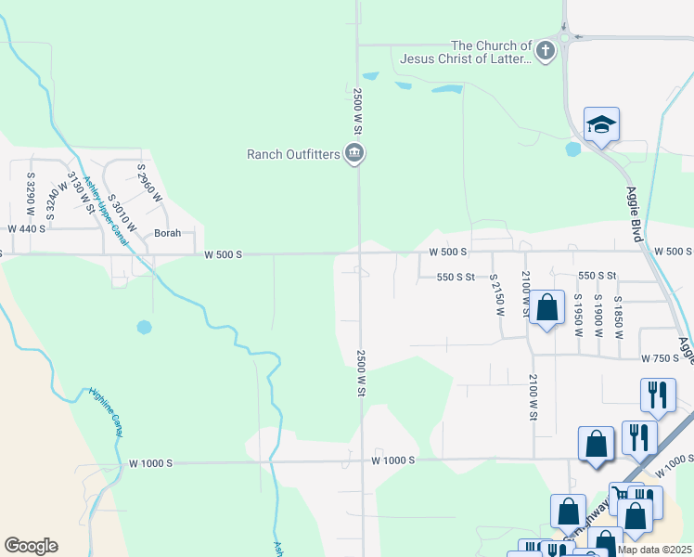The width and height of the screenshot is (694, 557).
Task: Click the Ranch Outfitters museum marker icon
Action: [x=353, y=153]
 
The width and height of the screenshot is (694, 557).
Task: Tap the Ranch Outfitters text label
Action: [x=293, y=154]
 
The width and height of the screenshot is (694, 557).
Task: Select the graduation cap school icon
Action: [x=601, y=124]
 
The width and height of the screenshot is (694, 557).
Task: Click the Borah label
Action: [x=167, y=234]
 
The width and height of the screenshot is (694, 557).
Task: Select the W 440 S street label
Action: [x=27, y=228]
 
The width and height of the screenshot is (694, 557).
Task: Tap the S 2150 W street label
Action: [x=496, y=294]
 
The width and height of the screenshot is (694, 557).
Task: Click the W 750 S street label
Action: [x=660, y=358]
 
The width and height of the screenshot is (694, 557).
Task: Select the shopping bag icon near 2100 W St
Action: [x=547, y=308]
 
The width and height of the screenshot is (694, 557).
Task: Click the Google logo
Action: [x=31, y=546]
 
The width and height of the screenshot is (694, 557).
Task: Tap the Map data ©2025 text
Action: [x=654, y=550]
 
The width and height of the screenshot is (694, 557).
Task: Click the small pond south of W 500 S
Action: [x=144, y=327]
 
